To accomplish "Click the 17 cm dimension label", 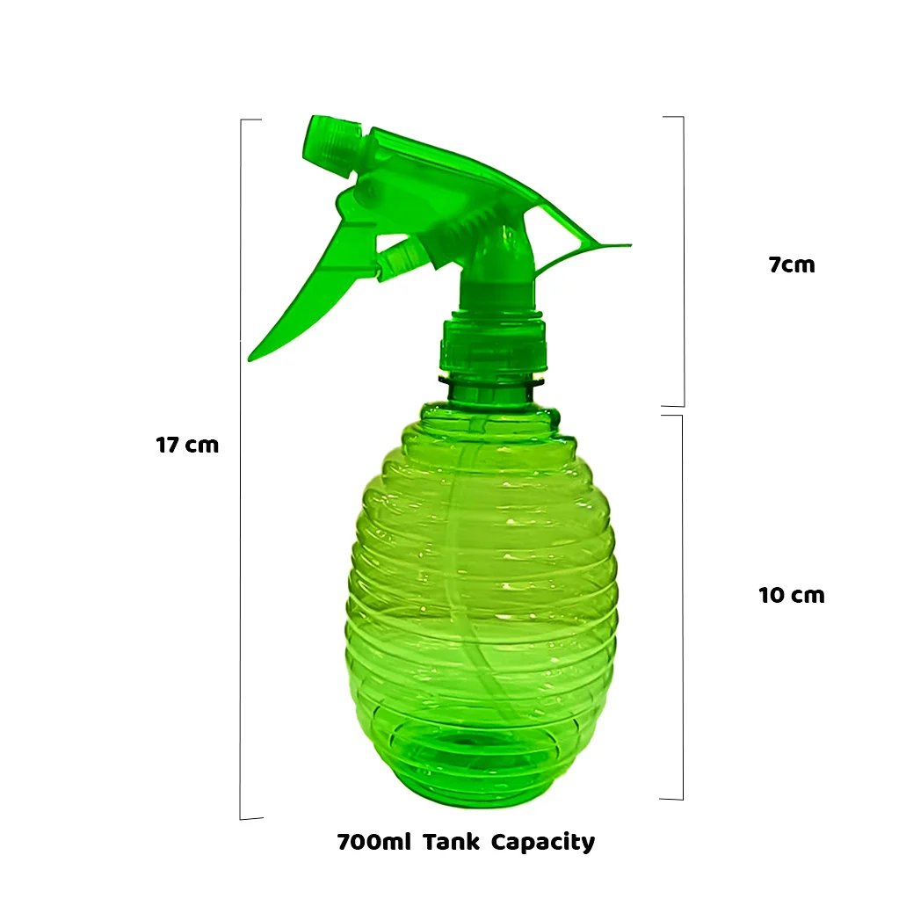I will [x=187, y=445].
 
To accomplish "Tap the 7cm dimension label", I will [x=792, y=265].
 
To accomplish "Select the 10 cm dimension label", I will [x=791, y=595].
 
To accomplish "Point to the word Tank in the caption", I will [x=451, y=842].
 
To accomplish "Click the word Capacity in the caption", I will [x=542, y=842].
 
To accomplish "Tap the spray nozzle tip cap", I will [x=331, y=141].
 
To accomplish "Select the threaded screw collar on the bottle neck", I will [x=492, y=347].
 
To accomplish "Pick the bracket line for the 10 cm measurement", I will [x=682, y=606].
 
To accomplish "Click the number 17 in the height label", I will [x=168, y=445].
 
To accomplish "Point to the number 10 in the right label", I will [x=771, y=595].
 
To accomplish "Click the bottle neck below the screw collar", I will [x=490, y=390].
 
